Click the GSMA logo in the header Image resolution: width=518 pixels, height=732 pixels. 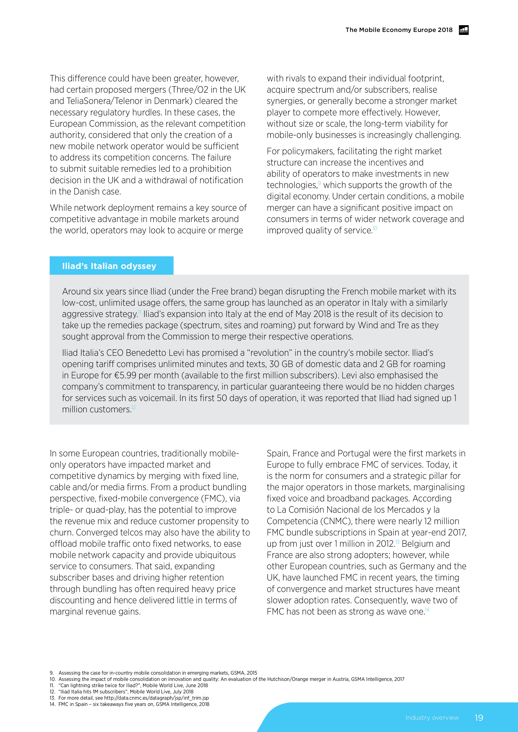tap(463, 30)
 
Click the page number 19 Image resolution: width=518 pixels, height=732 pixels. tap(479, 718)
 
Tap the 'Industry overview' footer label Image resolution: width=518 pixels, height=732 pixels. tap(432, 718)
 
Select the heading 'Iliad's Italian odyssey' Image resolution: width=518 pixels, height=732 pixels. tap(109, 266)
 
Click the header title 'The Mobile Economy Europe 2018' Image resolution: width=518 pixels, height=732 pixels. tap(399, 30)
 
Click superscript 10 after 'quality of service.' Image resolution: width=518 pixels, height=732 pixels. tap(375, 228)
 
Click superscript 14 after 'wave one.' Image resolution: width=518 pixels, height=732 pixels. tap(427, 610)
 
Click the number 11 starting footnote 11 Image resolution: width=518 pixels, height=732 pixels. tap(52, 685)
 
